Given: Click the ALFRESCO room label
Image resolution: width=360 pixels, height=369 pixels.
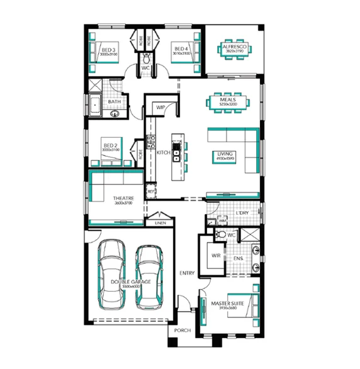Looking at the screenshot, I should point(235,45).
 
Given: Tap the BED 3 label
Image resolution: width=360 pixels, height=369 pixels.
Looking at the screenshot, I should point(108,49).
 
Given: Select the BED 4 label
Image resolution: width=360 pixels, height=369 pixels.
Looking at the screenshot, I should point(181,49).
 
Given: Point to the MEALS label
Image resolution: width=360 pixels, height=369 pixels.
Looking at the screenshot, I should point(228,99).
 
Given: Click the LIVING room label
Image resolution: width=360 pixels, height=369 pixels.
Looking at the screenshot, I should point(225,154).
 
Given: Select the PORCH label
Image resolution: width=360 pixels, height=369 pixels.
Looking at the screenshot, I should point(183,331).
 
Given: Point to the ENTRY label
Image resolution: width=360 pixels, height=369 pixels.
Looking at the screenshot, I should point(186,273).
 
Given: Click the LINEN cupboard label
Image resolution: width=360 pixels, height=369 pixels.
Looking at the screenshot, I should point(159,223).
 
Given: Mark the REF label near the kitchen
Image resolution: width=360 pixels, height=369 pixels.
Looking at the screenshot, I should point(151,191).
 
